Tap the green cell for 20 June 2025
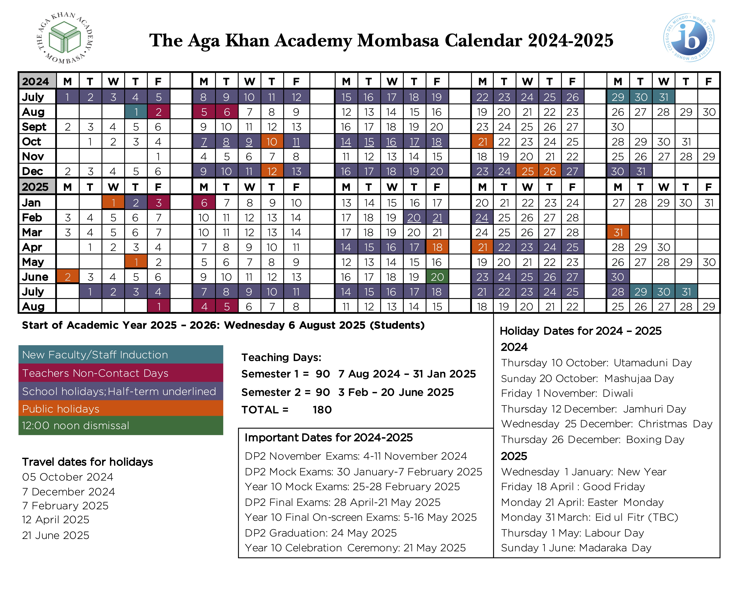(437, 277)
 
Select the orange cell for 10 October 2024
(272, 142)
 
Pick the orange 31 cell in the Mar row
(618, 232)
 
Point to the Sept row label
(34, 127)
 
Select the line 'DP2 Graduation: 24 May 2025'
(321, 533)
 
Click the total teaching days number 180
(322, 410)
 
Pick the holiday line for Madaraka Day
(576, 548)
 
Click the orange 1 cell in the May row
(136, 262)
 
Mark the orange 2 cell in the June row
(68, 277)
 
